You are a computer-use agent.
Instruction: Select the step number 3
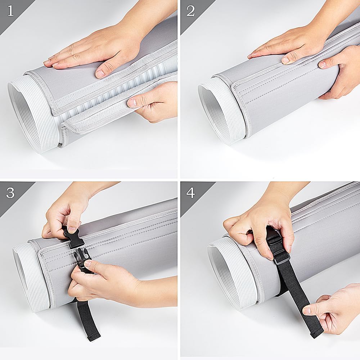pos(10,193)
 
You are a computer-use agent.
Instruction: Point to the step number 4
pos(190,193)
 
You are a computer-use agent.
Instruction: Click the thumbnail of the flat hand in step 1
pos(100,74)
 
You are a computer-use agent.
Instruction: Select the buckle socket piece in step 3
pos(74,238)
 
